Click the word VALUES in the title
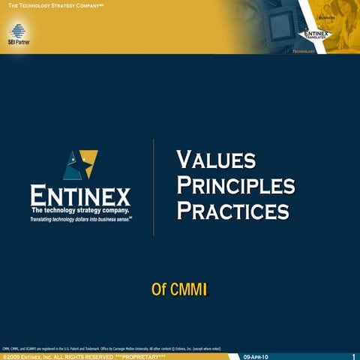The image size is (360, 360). [x=216, y=160]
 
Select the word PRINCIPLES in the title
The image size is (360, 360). [x=235, y=184]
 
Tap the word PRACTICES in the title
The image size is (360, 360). [x=232, y=210]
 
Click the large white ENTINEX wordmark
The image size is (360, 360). [x=80, y=196]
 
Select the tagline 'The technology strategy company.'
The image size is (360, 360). [x=80, y=212]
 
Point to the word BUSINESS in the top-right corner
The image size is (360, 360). [x=327, y=17]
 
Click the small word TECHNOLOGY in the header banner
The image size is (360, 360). [x=304, y=52]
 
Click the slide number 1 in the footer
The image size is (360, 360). [x=353, y=356]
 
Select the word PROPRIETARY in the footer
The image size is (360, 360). [x=139, y=356]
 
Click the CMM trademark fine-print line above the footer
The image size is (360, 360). [x=112, y=348]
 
